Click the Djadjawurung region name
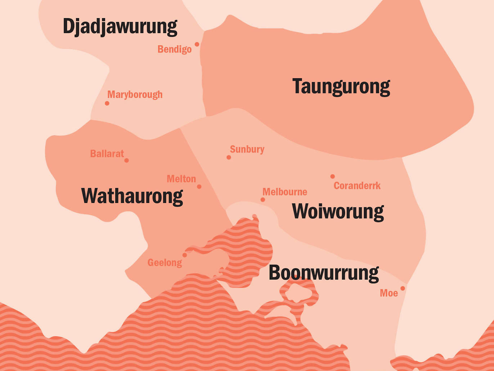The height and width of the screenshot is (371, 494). tap(120, 27)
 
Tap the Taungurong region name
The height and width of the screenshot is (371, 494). tap(341, 87)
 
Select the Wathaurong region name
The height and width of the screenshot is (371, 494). tap(132, 196)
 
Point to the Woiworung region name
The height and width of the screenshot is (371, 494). tap(338, 211)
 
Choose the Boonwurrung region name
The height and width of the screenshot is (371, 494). tap(323, 273)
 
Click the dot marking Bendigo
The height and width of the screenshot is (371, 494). tap(197, 44)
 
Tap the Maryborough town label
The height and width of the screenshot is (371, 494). tap(135, 94)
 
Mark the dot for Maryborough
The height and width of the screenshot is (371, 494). tap(107, 103)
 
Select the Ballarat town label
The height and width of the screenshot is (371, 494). tap(107, 154)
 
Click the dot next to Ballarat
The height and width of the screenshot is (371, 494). tap(126, 160)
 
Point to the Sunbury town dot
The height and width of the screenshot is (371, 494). tap(229, 158)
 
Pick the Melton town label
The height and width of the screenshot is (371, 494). tap(181, 179)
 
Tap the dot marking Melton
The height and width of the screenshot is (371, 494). tap(199, 187)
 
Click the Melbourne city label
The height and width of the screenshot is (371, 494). tap(284, 192)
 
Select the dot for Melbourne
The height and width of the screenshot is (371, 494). tap(263, 200)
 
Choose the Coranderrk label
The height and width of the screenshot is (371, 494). tap(357, 186)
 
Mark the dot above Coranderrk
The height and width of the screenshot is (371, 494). tap(333, 177)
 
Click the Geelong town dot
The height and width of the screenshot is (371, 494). tap(185, 255)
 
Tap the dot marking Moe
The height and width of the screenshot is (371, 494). tap(403, 288)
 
